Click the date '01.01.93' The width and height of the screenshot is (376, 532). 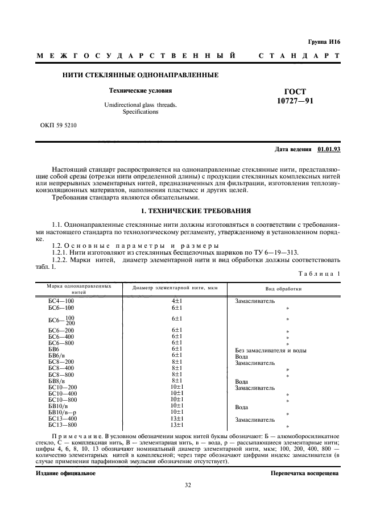(328, 149)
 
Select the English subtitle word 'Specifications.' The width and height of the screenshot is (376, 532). (141, 112)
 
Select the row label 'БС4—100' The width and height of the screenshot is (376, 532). (61, 301)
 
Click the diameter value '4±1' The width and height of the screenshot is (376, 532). (176, 301)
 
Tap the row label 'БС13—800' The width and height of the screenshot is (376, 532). (62, 425)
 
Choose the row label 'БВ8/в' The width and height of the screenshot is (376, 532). (58, 381)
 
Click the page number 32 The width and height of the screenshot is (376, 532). (188, 485)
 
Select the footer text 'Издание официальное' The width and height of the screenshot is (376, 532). (65, 473)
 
